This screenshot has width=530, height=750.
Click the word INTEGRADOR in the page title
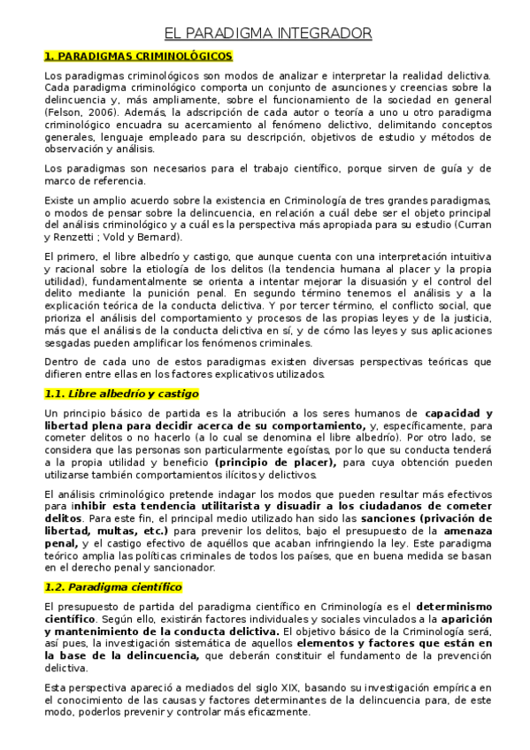click(x=324, y=34)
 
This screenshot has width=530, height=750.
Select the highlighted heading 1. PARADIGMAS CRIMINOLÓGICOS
click(x=138, y=57)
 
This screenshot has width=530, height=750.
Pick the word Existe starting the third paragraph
click(x=58, y=202)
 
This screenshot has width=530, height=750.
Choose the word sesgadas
click(x=67, y=340)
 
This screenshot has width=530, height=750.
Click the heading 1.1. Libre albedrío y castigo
click(x=121, y=394)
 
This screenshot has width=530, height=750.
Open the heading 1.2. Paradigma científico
click(x=113, y=586)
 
